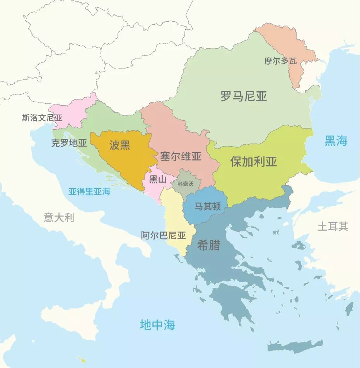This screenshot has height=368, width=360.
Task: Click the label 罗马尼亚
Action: point(244,96)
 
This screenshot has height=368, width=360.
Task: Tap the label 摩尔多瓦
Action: point(281,61)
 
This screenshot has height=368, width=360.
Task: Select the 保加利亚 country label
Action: point(254,161)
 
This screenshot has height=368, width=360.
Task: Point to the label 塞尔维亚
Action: point(181,156)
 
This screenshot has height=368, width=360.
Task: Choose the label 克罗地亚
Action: point(69,143)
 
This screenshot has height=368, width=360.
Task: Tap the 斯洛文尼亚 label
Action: point(42,118)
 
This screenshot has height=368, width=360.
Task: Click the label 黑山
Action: point(158,179)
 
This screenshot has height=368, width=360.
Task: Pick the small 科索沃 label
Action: point(185,184)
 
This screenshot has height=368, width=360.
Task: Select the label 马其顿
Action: point(208,206)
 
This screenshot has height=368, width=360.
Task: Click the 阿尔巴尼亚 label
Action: point(164,235)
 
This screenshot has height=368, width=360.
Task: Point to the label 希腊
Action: point(209,245)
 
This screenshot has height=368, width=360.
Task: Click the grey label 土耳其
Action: point(333,226)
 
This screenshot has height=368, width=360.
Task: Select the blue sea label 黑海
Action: point(336,141)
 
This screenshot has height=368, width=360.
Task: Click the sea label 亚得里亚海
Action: point(89,191)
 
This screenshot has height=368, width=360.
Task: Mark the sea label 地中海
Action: point(157,325)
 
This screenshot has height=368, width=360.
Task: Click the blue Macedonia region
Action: point(201,215)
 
